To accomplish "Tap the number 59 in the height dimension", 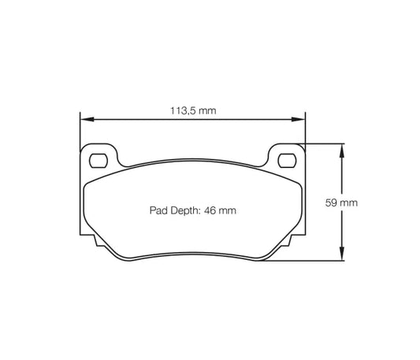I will pos(331,202).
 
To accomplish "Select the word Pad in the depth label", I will pos(158,210).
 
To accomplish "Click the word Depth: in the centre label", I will pos(185,210).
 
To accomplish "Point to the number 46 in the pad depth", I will pos(210,210).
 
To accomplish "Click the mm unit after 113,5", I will pos(206,111).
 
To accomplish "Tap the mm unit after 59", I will pos(349,202).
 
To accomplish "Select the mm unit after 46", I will pos(229,210).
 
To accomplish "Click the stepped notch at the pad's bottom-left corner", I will pos(94,239).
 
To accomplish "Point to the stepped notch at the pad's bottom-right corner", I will pos(292,239).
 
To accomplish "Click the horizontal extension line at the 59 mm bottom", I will pos(307,262).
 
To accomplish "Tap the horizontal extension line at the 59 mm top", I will pos(323,143).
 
